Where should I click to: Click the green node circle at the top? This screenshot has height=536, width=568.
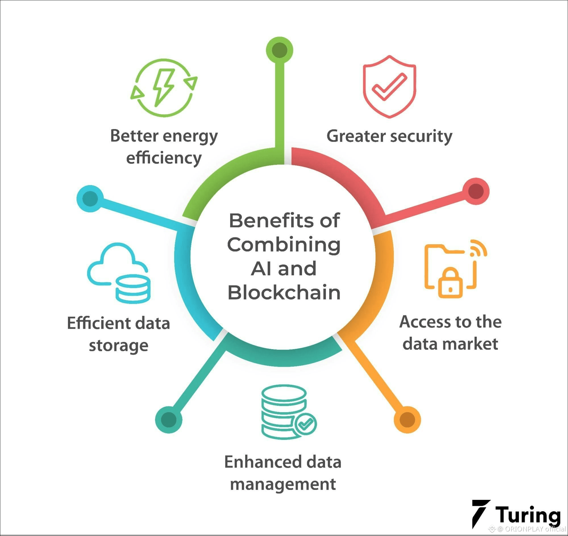click(279, 50)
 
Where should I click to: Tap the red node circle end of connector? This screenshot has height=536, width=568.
click(476, 191)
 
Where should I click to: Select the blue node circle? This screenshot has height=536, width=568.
click(90, 198)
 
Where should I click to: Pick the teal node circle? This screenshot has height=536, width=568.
click(168, 420)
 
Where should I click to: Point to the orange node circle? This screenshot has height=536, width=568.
click(407, 420)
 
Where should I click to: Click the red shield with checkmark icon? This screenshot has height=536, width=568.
click(390, 87)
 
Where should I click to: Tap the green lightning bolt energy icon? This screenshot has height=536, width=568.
click(164, 88)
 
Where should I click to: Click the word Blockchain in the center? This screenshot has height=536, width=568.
click(284, 293)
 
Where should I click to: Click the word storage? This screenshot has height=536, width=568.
click(118, 345)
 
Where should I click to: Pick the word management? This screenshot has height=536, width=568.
click(283, 484)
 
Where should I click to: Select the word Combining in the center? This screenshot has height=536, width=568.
click(284, 245)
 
